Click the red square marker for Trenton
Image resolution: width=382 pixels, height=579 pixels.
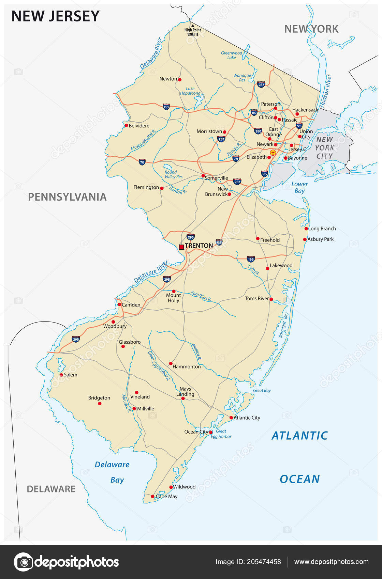click(181, 247)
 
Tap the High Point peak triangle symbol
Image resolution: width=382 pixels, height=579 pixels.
click(192, 26)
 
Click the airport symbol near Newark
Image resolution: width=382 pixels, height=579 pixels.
click(273, 153)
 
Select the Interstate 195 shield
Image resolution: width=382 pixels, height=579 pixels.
click(251, 259)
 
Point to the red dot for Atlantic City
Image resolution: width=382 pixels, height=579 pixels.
click(231, 418)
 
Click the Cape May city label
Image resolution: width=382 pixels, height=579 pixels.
click(167, 497)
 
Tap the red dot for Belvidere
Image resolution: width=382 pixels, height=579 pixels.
click(126, 126)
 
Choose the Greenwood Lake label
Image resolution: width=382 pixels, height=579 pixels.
click(232, 55)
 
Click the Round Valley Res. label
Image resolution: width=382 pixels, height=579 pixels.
click(174, 174)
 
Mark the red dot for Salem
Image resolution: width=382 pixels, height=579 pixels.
click(61, 375)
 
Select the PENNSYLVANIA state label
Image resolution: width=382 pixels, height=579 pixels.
click(67, 197)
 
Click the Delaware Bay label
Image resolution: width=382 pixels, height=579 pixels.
click(113, 472)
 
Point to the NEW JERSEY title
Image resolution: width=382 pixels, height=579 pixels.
click(56, 16)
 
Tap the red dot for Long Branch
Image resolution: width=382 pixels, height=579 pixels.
click(306, 229)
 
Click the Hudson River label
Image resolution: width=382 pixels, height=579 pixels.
click(325, 91)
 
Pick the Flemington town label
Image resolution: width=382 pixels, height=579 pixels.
click(146, 187)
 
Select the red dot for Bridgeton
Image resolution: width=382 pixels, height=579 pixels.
click(100, 404)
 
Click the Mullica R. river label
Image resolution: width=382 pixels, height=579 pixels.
click(196, 352)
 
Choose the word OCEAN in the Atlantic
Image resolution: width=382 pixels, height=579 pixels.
click(299, 479)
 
